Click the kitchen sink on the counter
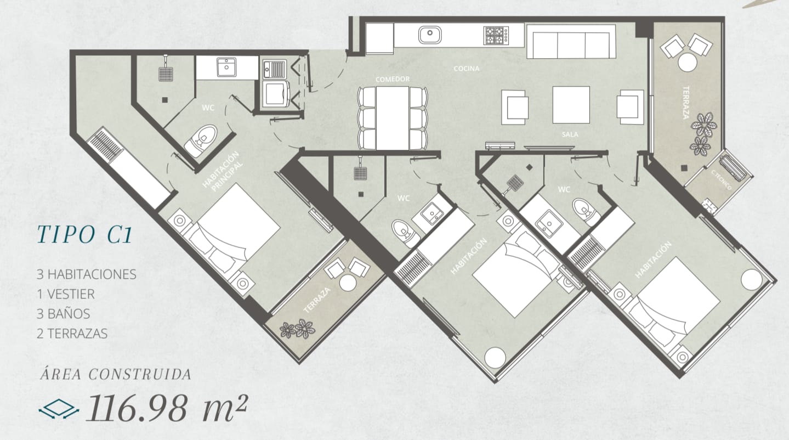[x=430, y=35]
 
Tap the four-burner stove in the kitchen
[x=496, y=35]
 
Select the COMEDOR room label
[x=393, y=80]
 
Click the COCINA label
[x=467, y=69]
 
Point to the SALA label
[x=570, y=134]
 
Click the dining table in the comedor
[x=393, y=118]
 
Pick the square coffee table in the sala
[x=571, y=105]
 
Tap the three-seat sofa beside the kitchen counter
[x=571, y=42]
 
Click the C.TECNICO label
[x=721, y=180]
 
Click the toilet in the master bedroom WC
[x=201, y=140]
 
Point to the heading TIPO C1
[x=84, y=234]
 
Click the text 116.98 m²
[x=167, y=408]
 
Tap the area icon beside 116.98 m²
[x=59, y=409]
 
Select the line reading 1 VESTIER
[x=65, y=294]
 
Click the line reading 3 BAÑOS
[x=64, y=314]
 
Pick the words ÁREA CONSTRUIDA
[x=116, y=374]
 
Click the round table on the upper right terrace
[x=688, y=62]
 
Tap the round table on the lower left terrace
[x=348, y=283]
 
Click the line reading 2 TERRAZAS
[x=72, y=334]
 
